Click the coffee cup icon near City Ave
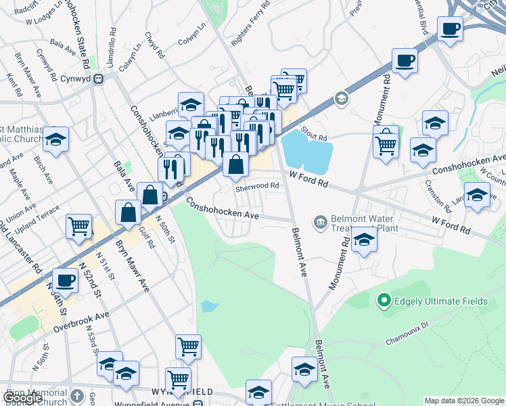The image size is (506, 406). click(x=449, y=29)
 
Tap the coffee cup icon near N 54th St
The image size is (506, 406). click(x=66, y=279)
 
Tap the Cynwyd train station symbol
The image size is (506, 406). click(x=98, y=78)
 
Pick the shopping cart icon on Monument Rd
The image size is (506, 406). click(x=386, y=143)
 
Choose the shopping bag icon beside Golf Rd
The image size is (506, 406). click(x=128, y=212)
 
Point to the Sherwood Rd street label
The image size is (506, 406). click(x=257, y=186)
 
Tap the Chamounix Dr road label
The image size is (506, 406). click(x=407, y=332)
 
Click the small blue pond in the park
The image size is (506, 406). click(x=210, y=307)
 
